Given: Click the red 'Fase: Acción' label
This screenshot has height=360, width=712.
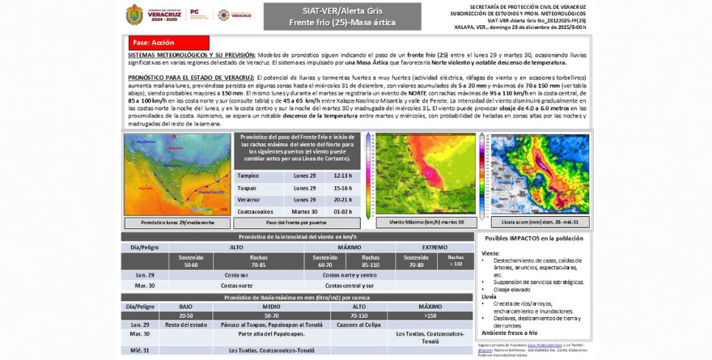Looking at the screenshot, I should (168, 42).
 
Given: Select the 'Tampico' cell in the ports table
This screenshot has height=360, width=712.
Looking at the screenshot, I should (248, 176).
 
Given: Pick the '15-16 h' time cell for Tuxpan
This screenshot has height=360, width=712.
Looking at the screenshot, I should (343, 188).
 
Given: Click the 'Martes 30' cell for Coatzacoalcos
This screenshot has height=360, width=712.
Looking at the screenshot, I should (304, 211).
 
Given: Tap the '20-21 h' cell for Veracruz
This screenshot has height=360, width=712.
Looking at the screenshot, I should (343, 200).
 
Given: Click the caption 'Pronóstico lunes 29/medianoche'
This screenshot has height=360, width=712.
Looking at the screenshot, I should (177, 222).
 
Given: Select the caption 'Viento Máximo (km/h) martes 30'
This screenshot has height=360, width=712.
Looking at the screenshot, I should (426, 222).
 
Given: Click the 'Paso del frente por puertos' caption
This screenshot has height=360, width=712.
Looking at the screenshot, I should (296, 222).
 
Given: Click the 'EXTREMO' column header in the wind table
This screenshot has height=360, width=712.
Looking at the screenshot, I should (434, 247).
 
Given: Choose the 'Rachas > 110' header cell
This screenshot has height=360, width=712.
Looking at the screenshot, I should (456, 260).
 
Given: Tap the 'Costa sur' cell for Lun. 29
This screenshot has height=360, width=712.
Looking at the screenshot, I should (236, 275).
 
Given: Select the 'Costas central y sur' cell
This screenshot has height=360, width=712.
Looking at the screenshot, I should (349, 286).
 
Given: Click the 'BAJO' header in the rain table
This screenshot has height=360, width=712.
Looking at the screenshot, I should (185, 307).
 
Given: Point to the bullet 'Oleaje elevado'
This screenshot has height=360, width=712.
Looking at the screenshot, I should (512, 289).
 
